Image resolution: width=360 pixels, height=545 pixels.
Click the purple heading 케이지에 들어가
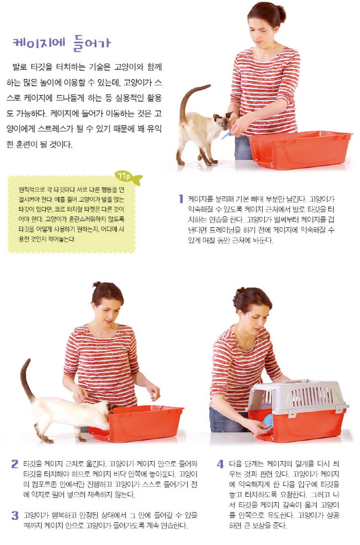point(62,43)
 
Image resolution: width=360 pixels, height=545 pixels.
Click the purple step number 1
point(181,199)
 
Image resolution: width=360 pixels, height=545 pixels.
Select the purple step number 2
point(14,464)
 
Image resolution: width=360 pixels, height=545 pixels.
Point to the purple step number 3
point(14,516)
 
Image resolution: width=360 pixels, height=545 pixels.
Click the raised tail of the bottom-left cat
point(26,379)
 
